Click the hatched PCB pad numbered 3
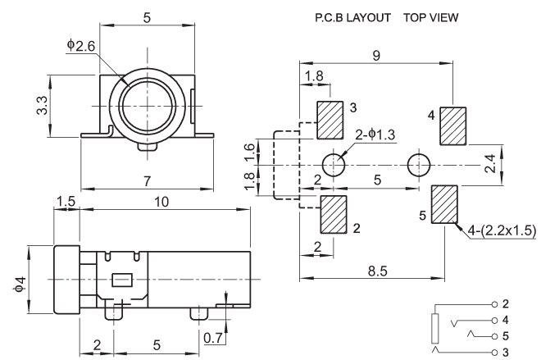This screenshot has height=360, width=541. tap(330, 120)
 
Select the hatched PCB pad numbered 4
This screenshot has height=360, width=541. tap(453, 126)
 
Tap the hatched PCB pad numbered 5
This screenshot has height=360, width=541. tap(444, 204)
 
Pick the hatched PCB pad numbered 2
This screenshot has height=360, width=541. tap(334, 214)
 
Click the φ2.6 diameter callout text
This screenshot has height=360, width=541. tap(80, 45)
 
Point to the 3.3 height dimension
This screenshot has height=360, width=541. tap(42, 105)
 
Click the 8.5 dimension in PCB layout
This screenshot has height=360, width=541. tap(377, 271)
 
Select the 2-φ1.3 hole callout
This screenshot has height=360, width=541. tap(375, 134)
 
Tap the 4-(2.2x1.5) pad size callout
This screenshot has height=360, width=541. tap(502, 230)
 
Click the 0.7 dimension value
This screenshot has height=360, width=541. tap(213, 338)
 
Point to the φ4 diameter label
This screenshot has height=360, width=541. tap(20, 284)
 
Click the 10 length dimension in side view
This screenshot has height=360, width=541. tap(161, 202)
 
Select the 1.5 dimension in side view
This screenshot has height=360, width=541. tap(66, 202)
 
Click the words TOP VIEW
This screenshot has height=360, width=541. tap(431, 17)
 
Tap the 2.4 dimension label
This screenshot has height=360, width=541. tap(490, 164)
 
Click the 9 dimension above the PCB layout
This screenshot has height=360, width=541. tap(376, 55)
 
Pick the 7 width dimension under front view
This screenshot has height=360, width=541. tap(148, 181)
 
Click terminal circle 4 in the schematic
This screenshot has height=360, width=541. tap(495, 321)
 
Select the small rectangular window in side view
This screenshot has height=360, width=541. tap(122, 280)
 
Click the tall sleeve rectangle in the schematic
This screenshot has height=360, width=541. tap(435, 328)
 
